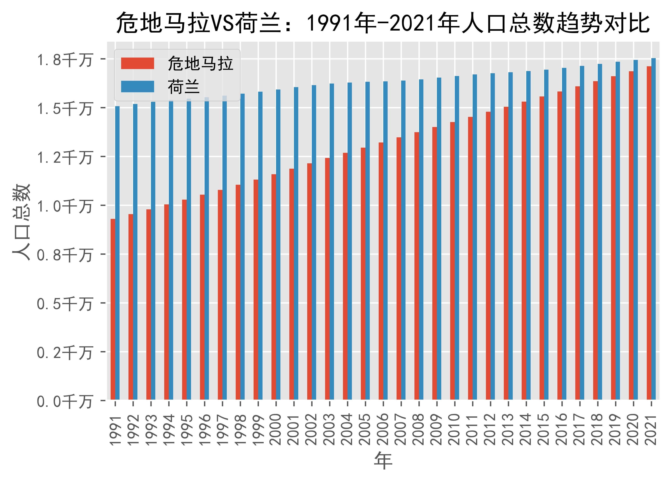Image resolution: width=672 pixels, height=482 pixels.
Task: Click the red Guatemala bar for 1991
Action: click(113, 309)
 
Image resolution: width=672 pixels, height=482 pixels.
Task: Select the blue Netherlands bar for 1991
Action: click(117, 253)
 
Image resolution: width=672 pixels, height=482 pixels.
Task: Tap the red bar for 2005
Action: click(363, 274)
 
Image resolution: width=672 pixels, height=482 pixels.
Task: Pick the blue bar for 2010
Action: click(457, 238)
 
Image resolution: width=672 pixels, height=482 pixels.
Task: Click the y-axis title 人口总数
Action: click(21, 222)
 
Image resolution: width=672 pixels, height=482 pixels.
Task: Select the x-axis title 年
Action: click(383, 461)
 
